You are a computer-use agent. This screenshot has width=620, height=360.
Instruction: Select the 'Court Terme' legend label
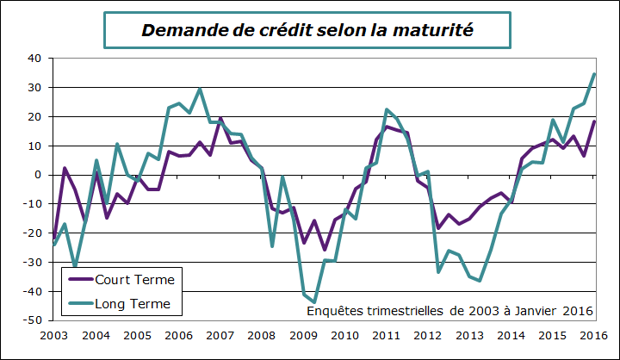click(134, 280)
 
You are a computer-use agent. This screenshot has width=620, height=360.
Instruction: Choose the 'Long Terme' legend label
click(133, 304)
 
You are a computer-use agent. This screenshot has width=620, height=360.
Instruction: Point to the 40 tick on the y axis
click(34, 59)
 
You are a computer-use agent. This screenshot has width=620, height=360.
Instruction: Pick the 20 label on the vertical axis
click(34, 116)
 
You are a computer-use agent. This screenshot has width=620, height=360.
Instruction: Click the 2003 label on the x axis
click(53, 336)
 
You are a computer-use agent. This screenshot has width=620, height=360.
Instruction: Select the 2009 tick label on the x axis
click(303, 336)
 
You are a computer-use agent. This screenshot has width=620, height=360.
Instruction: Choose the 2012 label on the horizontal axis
click(428, 336)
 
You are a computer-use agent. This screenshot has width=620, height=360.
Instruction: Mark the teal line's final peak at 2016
click(594, 74)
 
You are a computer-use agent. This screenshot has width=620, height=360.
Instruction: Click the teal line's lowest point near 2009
click(314, 302)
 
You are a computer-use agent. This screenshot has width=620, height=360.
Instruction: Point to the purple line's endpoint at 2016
click(594, 121)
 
